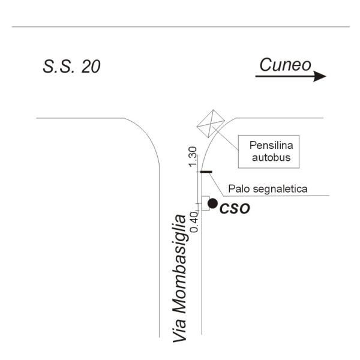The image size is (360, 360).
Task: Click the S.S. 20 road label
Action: tap(71, 67)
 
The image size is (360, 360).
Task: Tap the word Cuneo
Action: tap(285, 65)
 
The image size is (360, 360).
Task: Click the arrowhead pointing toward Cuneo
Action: tap(320, 76)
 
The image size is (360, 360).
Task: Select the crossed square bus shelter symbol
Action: tap(211, 124)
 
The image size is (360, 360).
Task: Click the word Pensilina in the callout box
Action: tap(271, 145)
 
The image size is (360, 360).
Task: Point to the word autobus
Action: tap(271, 158)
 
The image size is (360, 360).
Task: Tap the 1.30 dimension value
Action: tap(193, 157)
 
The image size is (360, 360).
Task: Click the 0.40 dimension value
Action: tap(194, 222)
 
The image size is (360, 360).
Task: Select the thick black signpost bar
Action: tap(206, 172)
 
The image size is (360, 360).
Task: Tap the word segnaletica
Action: tap(279, 189)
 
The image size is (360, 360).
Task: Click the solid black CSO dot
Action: tap(212, 203)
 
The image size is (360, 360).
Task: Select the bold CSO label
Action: tap(235, 208)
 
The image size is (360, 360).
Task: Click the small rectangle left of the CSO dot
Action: tap(205, 203)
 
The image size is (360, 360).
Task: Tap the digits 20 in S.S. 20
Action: tap(91, 67)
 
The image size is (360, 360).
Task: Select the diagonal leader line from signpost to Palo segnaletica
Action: tap(216, 184)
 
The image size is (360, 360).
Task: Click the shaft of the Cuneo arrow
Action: tap(284, 76)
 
